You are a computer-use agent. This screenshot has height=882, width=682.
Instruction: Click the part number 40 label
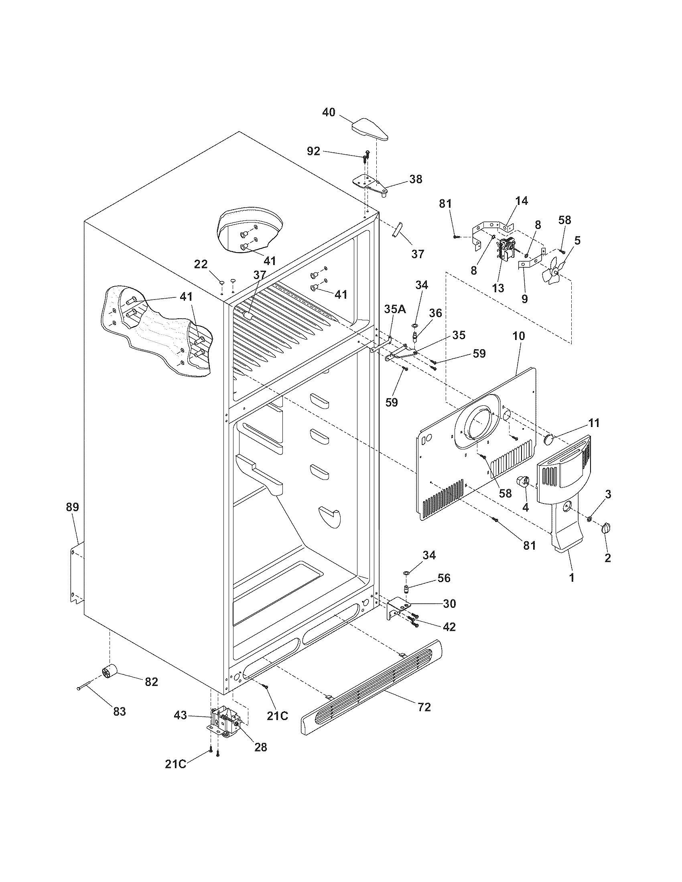329,112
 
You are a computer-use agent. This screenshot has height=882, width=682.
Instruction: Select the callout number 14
522,201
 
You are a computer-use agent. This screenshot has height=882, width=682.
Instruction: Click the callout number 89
73,507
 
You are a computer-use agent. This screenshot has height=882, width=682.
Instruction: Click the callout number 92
314,151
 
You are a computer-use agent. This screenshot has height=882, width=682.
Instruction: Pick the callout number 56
444,578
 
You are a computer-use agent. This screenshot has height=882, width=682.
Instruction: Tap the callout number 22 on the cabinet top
201,264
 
